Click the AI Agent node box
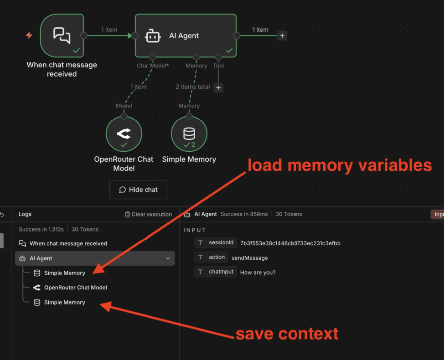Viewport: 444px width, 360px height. coord(185,35)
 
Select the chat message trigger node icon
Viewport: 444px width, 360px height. coord(62,35)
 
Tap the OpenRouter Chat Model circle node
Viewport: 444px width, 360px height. coord(124,134)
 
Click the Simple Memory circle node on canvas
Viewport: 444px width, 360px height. coord(189,134)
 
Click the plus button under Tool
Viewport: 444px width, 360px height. coord(218,88)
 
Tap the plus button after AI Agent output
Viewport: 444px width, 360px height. coord(282,36)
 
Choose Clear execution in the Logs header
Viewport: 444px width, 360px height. coord(148,214)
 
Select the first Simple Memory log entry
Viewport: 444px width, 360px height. coord(64,273)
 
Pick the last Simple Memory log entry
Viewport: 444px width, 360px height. coord(64,302)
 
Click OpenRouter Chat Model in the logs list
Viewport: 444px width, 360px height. coord(75,287)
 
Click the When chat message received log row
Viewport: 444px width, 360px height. coord(68,244)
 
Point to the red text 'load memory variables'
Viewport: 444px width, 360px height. coord(339,165)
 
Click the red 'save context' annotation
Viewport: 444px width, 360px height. coord(287,333)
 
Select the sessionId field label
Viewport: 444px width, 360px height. coord(221,243)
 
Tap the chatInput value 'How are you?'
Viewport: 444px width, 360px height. coord(258,272)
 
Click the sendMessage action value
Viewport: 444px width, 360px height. coord(250,258)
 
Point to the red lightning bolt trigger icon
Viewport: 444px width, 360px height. coord(29,35)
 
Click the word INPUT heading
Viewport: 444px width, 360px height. coord(194,230)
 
